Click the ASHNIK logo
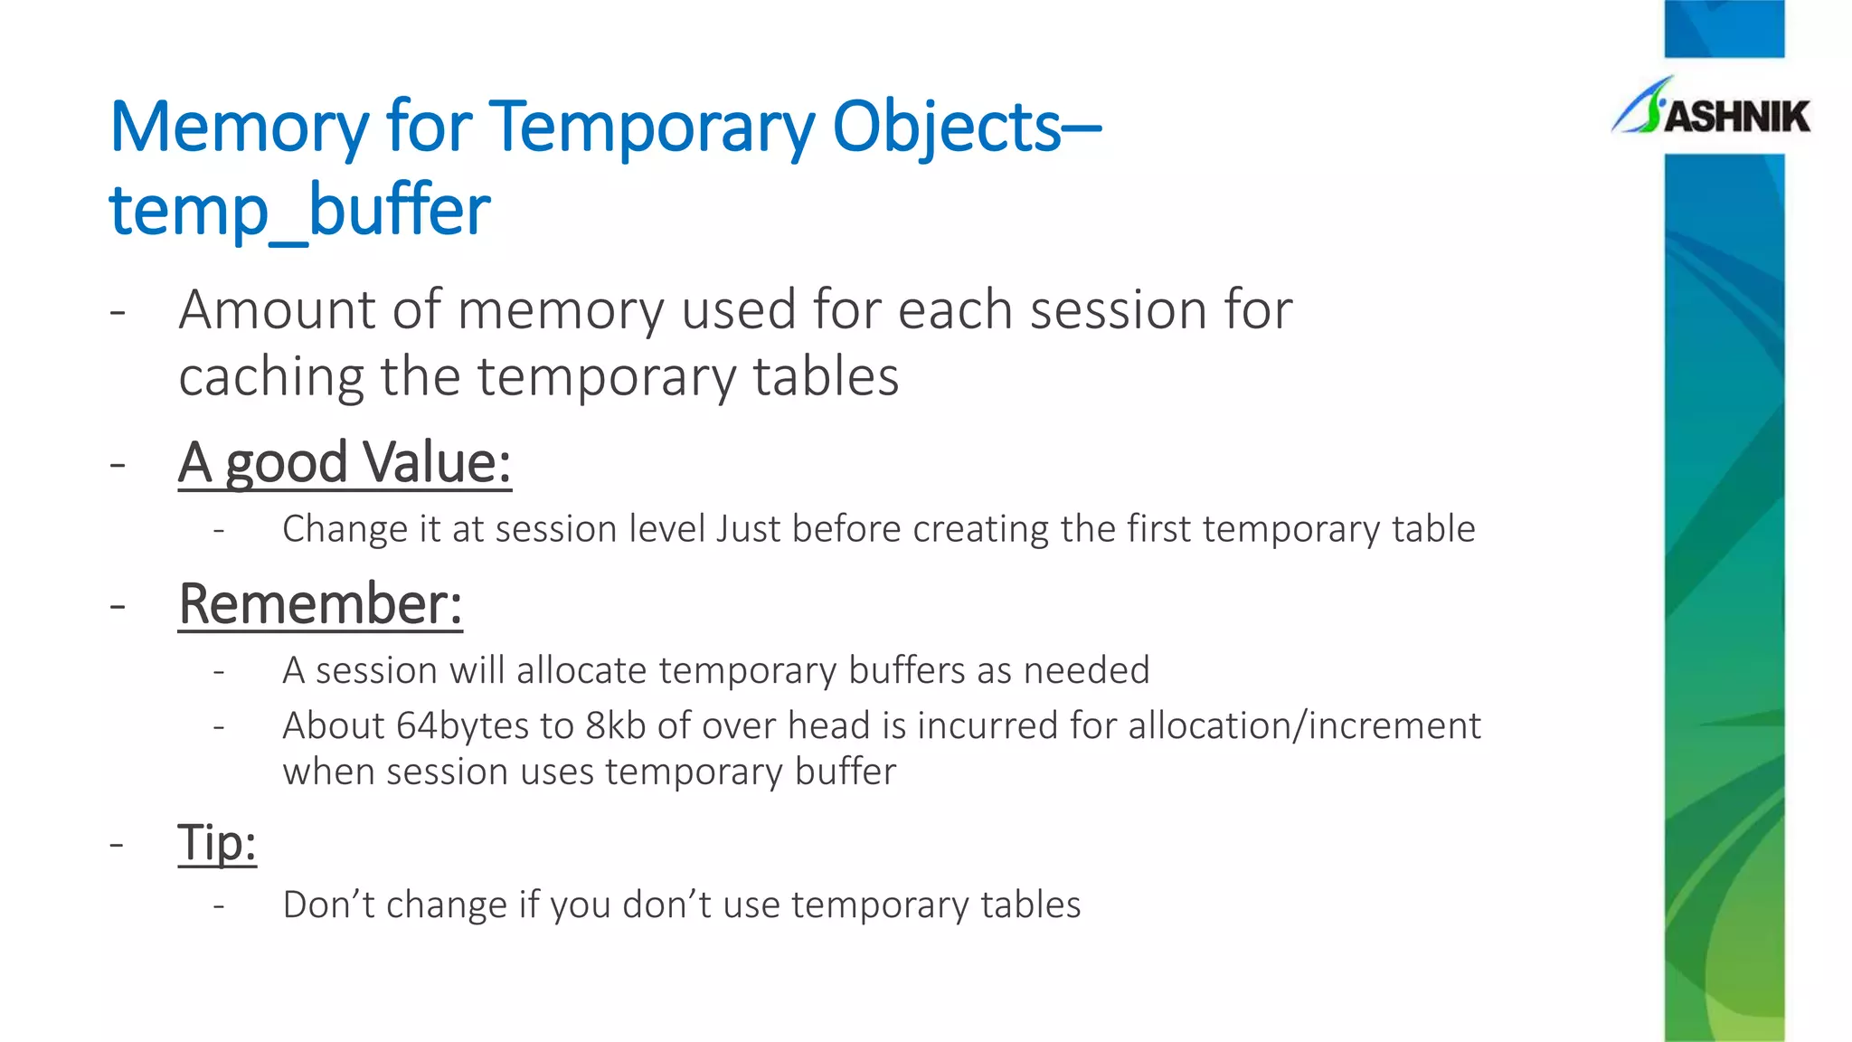click(1711, 109)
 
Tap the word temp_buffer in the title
click(299, 210)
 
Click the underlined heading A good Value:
click(345, 463)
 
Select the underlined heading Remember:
click(320, 604)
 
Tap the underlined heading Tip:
click(217, 843)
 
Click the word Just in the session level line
click(748, 529)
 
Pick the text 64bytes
click(462, 726)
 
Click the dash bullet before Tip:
click(117, 844)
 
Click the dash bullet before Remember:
click(117, 605)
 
